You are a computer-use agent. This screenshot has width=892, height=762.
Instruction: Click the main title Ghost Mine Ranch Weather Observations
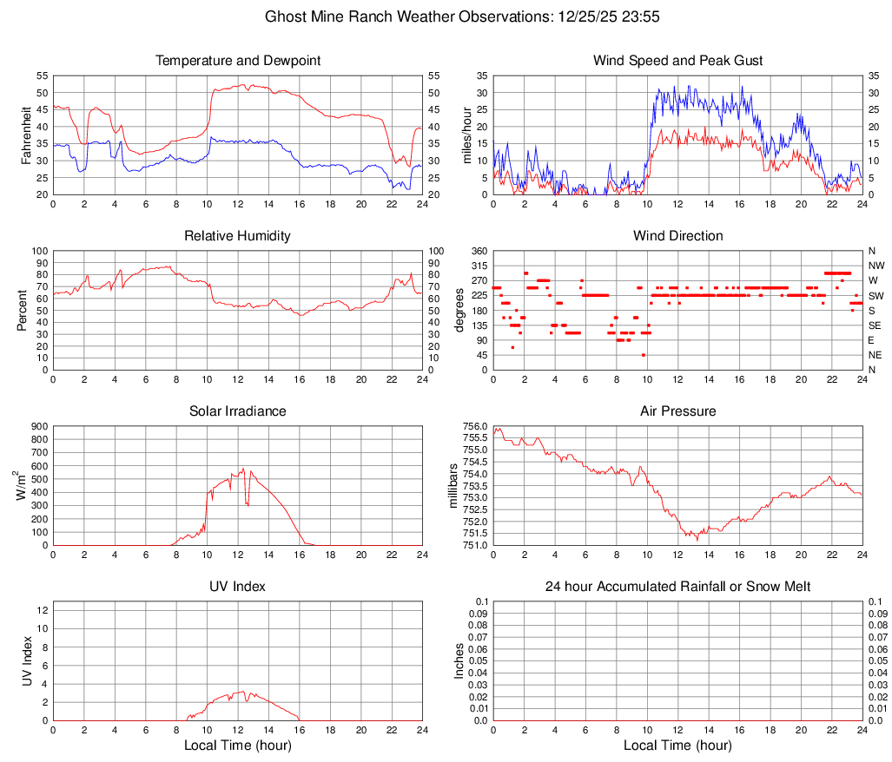pos(446,16)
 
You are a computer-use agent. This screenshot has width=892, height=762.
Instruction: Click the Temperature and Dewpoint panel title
pos(238,61)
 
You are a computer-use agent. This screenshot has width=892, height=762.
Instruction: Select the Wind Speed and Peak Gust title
pos(677,61)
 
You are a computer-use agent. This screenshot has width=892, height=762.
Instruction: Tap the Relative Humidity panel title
pos(238,236)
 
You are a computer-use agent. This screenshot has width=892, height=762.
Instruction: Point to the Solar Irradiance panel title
pos(238,411)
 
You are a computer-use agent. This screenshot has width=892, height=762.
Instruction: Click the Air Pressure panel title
pos(677,411)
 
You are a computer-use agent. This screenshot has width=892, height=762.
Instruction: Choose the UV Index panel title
pos(238,587)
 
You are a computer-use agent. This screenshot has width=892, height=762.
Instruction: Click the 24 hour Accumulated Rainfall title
pos(677,587)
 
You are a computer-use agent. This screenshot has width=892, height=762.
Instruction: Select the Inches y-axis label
pos(460,660)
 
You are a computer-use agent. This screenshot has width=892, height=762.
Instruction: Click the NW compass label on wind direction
pos(876,266)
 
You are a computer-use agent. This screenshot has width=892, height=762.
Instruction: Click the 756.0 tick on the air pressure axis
pos(474,426)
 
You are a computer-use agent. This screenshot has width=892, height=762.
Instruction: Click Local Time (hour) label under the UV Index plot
pos(238,746)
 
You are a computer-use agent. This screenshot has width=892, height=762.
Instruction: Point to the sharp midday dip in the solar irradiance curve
pos(248,504)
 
